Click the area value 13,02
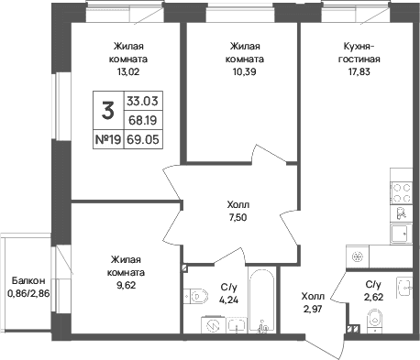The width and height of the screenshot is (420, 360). (128, 71)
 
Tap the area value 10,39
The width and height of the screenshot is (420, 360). (245, 71)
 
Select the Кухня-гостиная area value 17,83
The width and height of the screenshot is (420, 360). (359, 71)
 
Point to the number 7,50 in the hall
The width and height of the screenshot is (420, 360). (238, 217)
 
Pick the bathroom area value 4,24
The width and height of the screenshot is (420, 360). (228, 300)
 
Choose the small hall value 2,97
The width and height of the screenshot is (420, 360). (313, 310)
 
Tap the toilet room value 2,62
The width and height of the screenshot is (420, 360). (373, 297)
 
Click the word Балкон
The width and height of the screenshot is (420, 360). (28, 280)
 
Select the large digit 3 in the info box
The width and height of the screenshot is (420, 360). (108, 111)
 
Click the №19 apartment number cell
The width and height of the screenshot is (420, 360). (108, 139)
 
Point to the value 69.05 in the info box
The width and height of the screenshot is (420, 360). (143, 139)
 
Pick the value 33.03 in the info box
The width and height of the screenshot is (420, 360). (142, 101)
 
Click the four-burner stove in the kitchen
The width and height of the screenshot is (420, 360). (401, 192)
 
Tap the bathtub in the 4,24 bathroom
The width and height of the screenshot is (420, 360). (261, 300)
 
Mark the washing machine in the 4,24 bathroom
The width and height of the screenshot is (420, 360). (213, 324)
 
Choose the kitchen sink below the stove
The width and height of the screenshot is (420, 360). (401, 234)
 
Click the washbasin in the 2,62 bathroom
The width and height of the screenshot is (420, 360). (404, 288)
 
